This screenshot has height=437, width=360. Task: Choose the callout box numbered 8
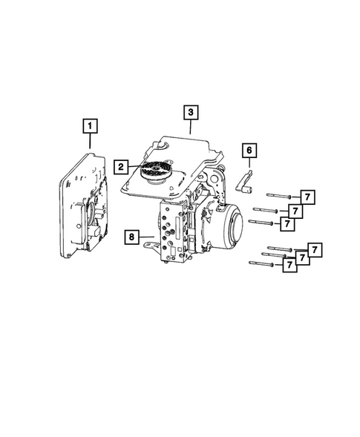tap(131, 237)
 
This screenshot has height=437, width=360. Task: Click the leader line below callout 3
tap(191, 128)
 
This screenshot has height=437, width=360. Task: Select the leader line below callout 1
tap(91, 142)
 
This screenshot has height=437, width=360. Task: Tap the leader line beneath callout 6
tap(249, 165)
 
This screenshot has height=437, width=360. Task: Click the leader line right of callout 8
tap(146, 237)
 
